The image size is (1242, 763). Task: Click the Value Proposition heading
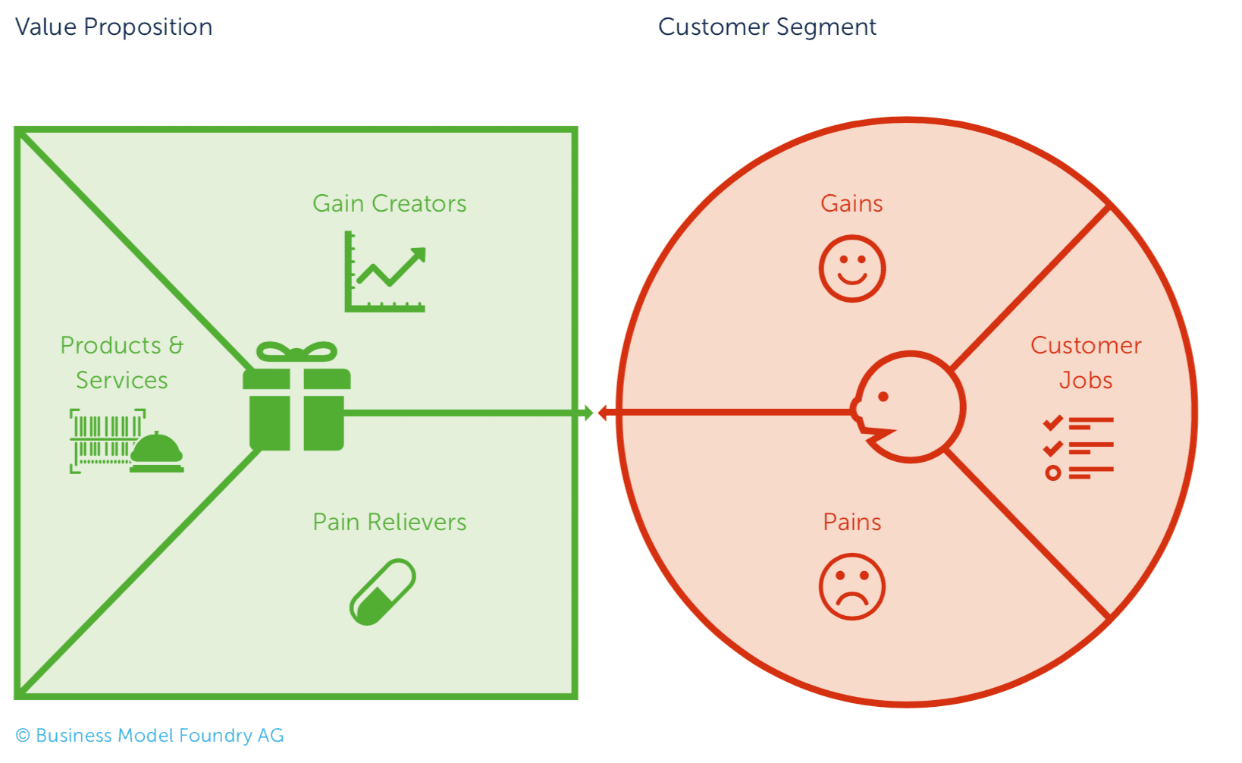point(114,27)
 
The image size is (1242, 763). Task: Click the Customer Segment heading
point(767,27)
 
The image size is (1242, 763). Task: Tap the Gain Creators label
point(389,203)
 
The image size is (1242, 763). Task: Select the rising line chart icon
point(384,272)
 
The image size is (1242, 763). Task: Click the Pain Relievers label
point(389,522)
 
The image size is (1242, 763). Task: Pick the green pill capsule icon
point(383,592)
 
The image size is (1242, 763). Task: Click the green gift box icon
point(296,396)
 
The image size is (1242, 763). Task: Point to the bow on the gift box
point(296,352)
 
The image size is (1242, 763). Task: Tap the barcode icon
point(105,441)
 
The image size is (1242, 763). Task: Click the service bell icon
point(156,452)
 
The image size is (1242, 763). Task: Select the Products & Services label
point(122,363)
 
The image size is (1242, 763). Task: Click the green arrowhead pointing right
point(588,413)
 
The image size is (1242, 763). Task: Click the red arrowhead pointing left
point(604,413)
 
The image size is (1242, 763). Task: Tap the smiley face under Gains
point(852,268)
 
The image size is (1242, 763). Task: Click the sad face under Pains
point(852,586)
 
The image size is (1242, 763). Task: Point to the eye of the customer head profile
point(884,397)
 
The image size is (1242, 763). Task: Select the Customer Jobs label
point(1086,363)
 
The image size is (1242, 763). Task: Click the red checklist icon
point(1078,447)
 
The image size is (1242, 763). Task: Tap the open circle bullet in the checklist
point(1053,473)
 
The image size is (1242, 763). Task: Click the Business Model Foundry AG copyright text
point(149,735)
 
